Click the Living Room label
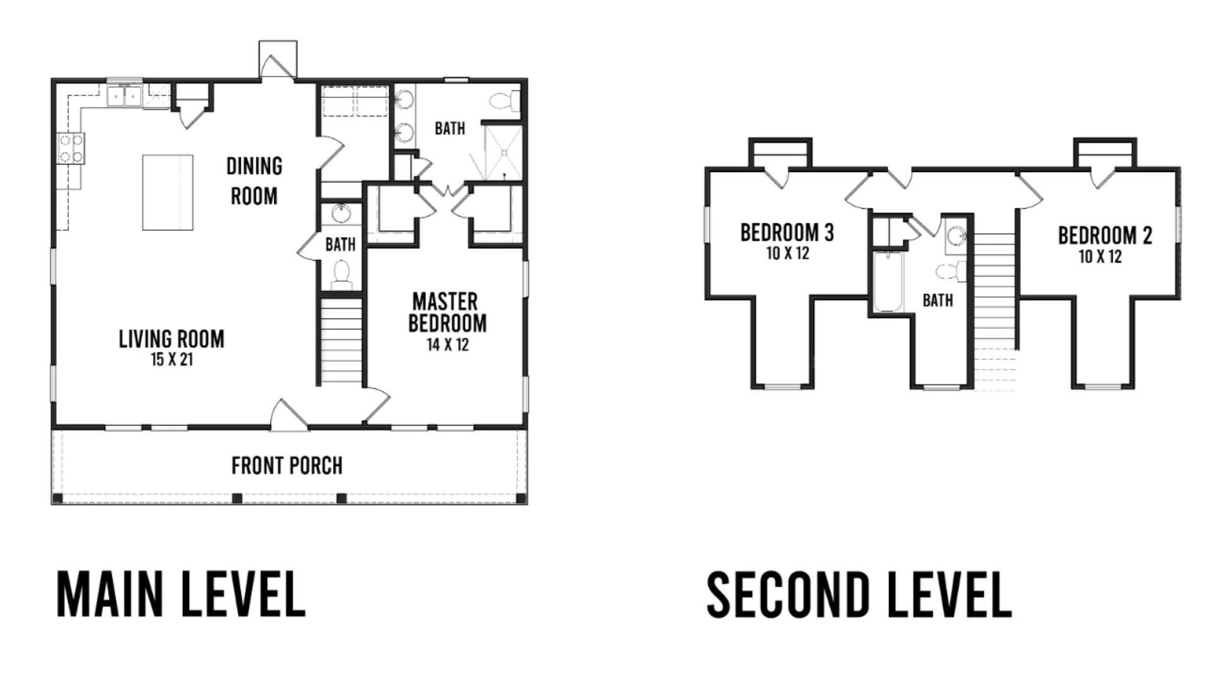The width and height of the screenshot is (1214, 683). click(x=171, y=339)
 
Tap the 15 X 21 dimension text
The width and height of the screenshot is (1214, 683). click(x=171, y=360)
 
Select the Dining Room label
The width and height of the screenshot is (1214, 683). click(x=254, y=182)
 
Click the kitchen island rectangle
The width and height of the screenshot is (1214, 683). click(x=168, y=192)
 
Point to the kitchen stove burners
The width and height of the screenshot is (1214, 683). click(x=71, y=149)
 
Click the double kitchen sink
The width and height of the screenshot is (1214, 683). click(x=124, y=96)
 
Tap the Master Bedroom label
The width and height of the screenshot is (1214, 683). click(x=447, y=312)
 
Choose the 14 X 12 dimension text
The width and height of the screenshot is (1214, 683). click(x=448, y=345)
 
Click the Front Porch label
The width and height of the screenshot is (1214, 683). click(x=287, y=466)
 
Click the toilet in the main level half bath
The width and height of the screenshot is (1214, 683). click(x=341, y=274)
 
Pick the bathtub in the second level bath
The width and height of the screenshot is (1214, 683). click(x=888, y=281)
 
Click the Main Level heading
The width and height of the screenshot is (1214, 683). click(x=181, y=594)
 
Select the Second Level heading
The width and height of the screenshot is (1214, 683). click(x=859, y=594)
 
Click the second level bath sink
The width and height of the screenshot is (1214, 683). click(x=956, y=236)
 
